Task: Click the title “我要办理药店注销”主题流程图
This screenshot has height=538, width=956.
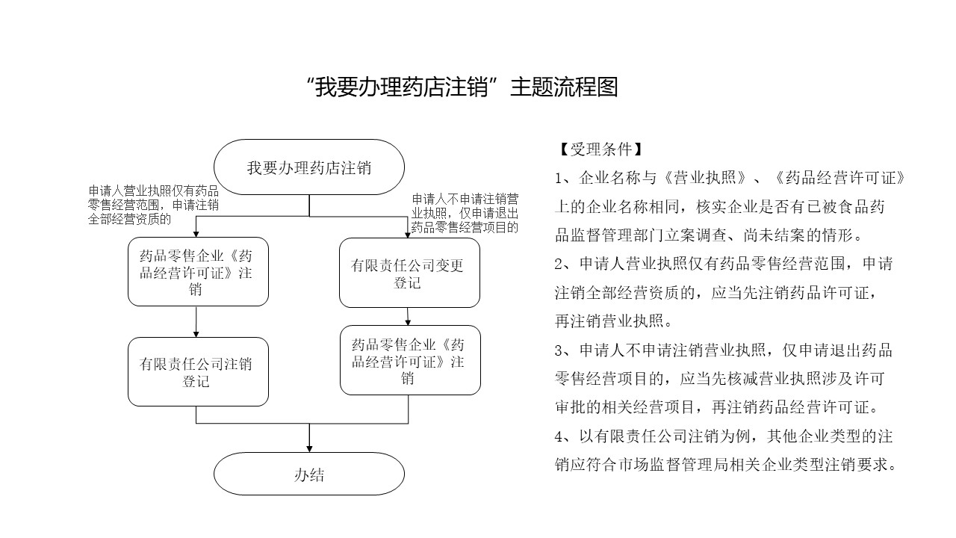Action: click(462, 87)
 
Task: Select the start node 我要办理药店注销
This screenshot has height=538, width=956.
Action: click(309, 167)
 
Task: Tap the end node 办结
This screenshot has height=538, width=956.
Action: click(309, 474)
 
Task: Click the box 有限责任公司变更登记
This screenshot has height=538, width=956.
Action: click(409, 273)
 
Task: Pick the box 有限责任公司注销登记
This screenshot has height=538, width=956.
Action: click(198, 371)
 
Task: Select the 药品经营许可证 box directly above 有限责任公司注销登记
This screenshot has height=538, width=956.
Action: click(198, 272)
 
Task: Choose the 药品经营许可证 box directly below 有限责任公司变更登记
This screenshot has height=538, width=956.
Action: click(410, 360)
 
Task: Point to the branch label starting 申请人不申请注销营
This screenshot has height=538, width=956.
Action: click(465, 213)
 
